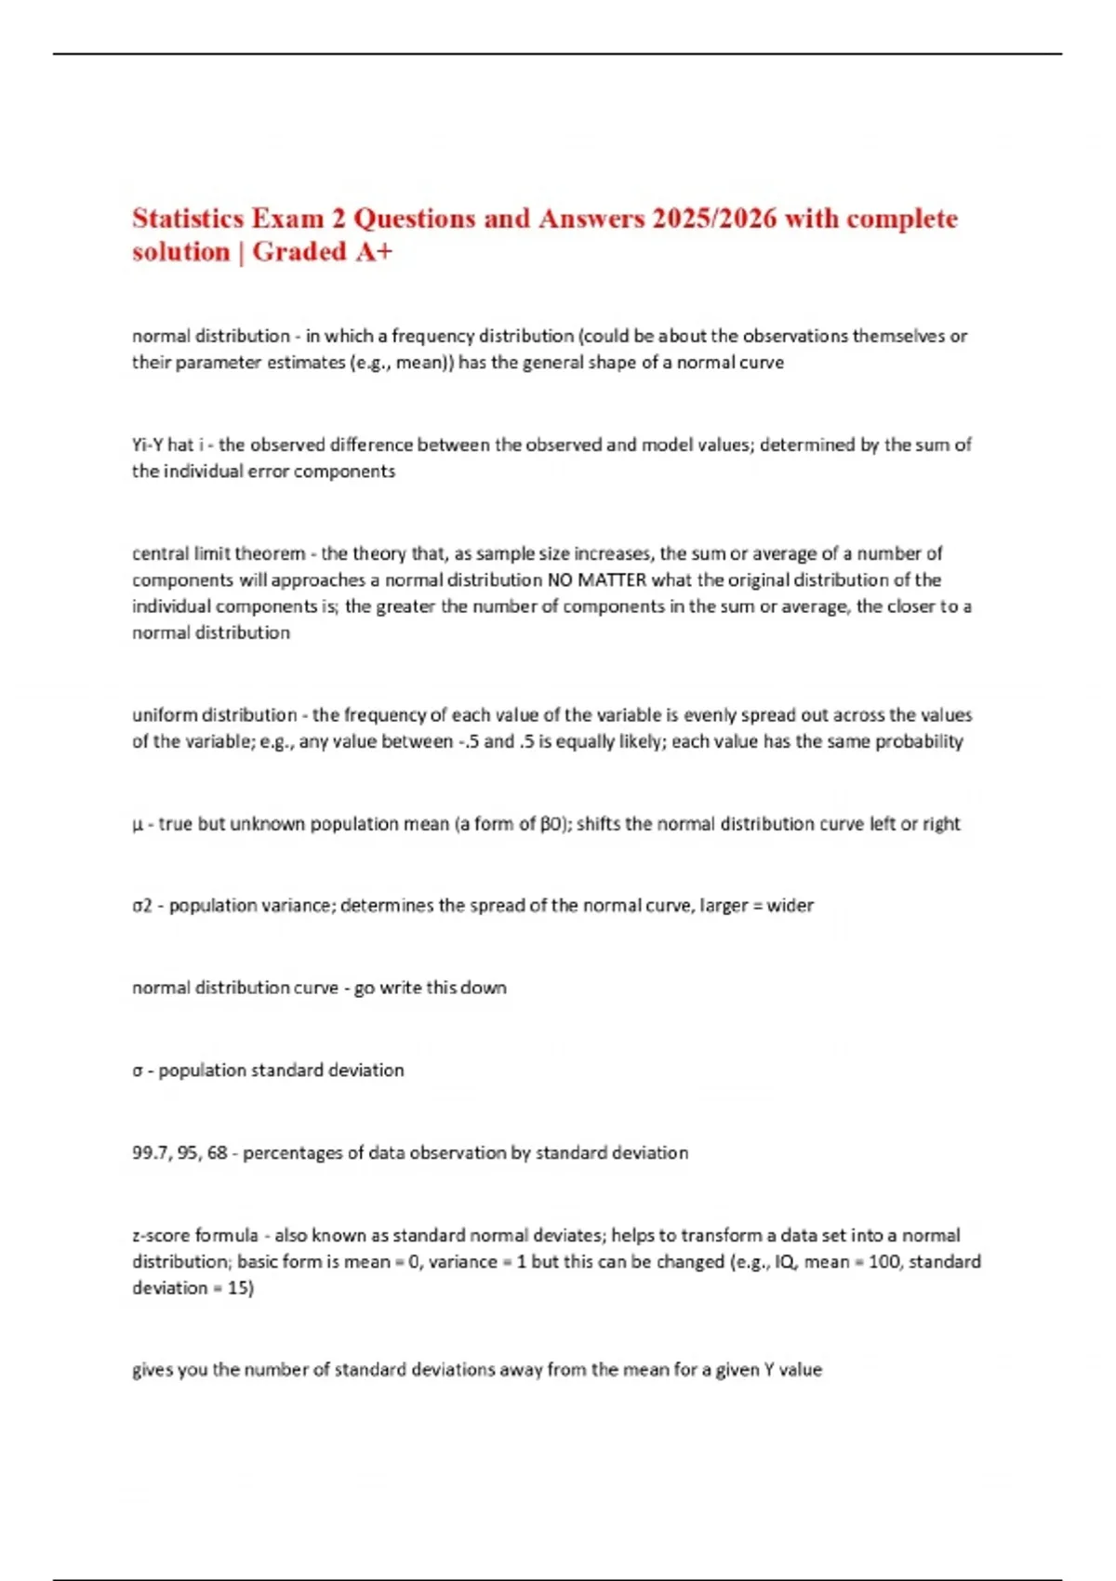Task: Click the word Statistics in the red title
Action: [188, 219]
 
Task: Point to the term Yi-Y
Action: [148, 445]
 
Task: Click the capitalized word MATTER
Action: [612, 580]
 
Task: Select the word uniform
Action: [165, 715]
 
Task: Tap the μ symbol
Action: [138, 825]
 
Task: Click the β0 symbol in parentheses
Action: [551, 824]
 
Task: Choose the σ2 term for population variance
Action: [141, 906]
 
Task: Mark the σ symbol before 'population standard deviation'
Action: [137, 1070]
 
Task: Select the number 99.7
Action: [150, 1153]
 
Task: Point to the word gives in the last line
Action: [153, 1370]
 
